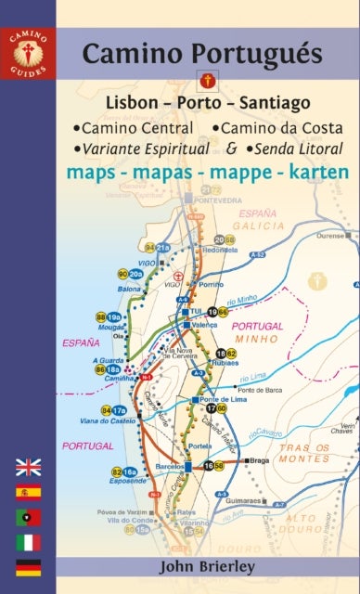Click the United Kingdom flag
coord(28,468)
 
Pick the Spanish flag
coord(28,493)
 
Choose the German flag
coord(28,567)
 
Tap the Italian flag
coord(28,542)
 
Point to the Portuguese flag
coord(28,518)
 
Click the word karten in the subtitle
coord(311,173)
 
